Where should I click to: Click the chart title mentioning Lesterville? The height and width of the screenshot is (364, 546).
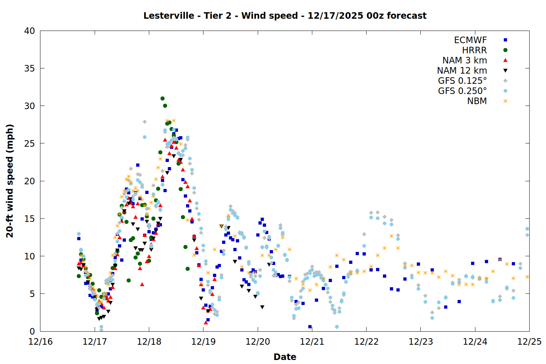click(285, 16)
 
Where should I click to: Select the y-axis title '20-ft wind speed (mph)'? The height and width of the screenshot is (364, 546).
click(10, 181)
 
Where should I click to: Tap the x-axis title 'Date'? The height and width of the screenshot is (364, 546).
click(285, 357)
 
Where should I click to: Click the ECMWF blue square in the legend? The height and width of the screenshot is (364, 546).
click(505, 40)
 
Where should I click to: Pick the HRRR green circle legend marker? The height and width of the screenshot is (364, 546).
click(505, 50)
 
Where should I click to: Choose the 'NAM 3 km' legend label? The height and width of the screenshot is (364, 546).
click(464, 60)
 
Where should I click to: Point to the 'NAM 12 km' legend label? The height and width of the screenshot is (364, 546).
click(462, 71)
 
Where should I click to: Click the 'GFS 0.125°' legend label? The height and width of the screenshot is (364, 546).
click(462, 81)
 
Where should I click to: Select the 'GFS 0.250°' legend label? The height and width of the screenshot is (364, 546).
click(462, 91)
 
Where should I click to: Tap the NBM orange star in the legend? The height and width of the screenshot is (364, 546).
click(505, 101)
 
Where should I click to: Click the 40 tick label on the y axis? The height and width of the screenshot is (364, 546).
click(29, 31)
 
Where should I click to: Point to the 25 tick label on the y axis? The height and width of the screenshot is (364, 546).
click(29, 143)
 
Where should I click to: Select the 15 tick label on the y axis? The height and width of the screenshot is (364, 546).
click(29, 219)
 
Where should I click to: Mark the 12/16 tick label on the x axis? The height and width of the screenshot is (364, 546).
click(40, 342)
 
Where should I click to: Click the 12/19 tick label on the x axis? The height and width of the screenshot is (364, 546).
click(203, 342)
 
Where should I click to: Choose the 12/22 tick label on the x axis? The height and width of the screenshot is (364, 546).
click(366, 342)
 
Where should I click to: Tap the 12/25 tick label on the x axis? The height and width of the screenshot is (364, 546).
click(529, 342)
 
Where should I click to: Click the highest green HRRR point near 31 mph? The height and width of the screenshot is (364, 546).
click(162, 98)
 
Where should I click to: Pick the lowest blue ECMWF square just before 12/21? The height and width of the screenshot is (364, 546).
click(310, 327)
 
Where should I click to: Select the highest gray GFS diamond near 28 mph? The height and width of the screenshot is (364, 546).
click(145, 122)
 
